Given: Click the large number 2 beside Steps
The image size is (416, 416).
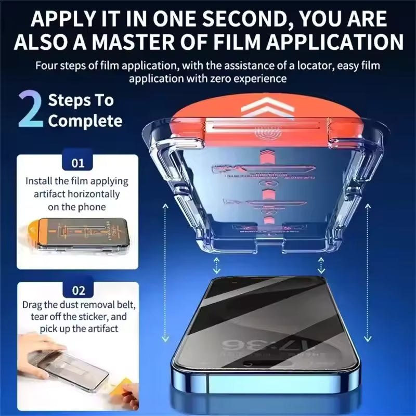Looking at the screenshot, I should (30, 109).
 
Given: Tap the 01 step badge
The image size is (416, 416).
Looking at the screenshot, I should (78, 163).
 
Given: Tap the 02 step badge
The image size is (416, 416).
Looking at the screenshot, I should (78, 290).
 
